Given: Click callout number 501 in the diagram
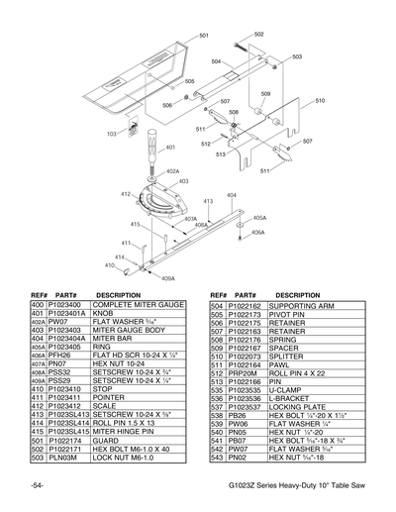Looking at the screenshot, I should [x=204, y=36].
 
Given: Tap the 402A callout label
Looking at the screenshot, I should [x=172, y=171].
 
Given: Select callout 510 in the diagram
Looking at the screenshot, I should [x=320, y=101].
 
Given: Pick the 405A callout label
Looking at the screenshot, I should [x=258, y=217].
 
